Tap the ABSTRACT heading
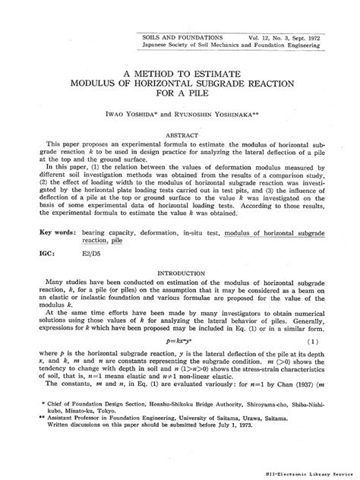[180, 132]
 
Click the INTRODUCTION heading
[180, 271]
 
